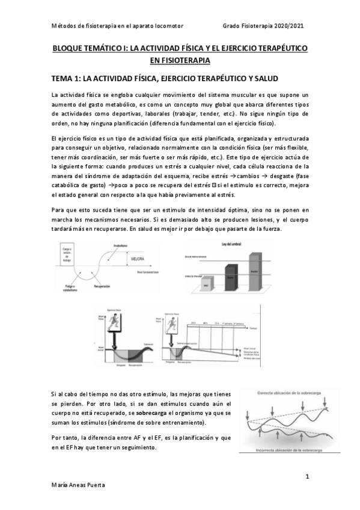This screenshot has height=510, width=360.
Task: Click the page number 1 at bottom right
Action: point(307,477)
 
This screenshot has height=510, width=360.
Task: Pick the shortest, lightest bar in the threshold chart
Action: point(206,283)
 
